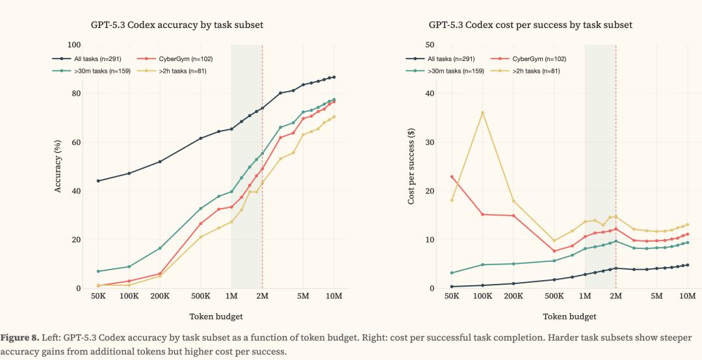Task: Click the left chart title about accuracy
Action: (x=177, y=25)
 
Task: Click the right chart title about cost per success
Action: (x=530, y=25)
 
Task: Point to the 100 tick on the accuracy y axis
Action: (x=74, y=45)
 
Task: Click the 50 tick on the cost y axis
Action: (x=430, y=45)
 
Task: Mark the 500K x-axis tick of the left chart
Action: (x=200, y=296)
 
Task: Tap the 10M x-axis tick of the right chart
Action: (x=688, y=296)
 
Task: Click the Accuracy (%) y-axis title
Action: (x=58, y=166)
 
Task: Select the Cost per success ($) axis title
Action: (x=411, y=166)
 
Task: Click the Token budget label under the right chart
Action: (x=569, y=316)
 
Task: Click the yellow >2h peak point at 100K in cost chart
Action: (x=482, y=112)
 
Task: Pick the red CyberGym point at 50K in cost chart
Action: (x=451, y=177)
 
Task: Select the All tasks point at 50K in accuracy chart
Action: (x=97, y=181)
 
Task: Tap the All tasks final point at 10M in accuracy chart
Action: (x=334, y=77)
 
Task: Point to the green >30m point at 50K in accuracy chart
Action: (x=97, y=271)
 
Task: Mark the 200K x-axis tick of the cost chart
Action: (x=513, y=296)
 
